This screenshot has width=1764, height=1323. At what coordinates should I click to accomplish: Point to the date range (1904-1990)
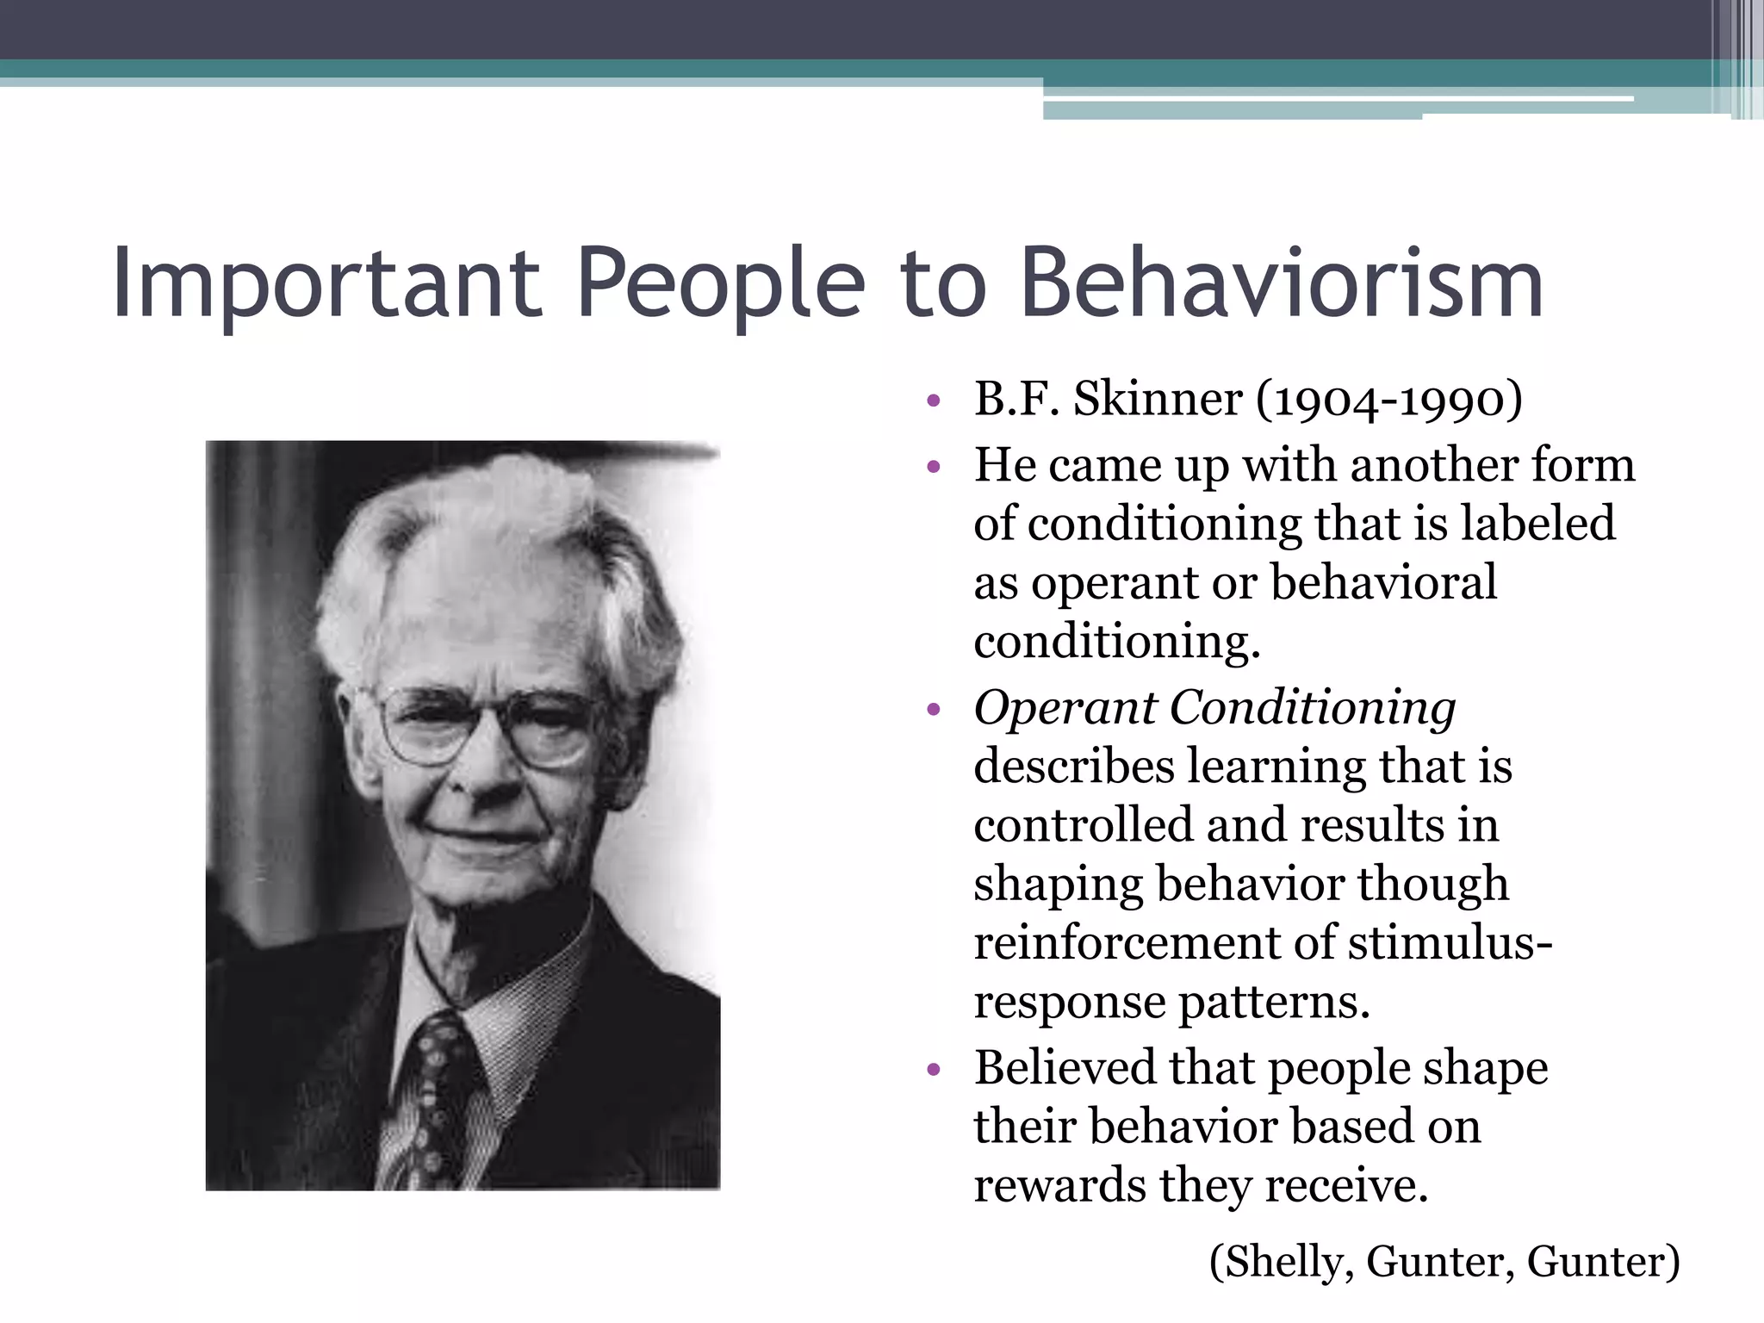pyautogui.click(x=1388, y=400)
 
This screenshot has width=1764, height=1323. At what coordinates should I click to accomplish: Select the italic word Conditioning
pyautogui.click(x=1313, y=708)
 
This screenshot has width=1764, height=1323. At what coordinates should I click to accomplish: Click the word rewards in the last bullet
pyautogui.click(x=1059, y=1186)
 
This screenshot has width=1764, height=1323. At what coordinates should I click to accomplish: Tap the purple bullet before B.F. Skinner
pyautogui.click(x=934, y=401)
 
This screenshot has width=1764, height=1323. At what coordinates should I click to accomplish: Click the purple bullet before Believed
pyautogui.click(x=934, y=1070)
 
